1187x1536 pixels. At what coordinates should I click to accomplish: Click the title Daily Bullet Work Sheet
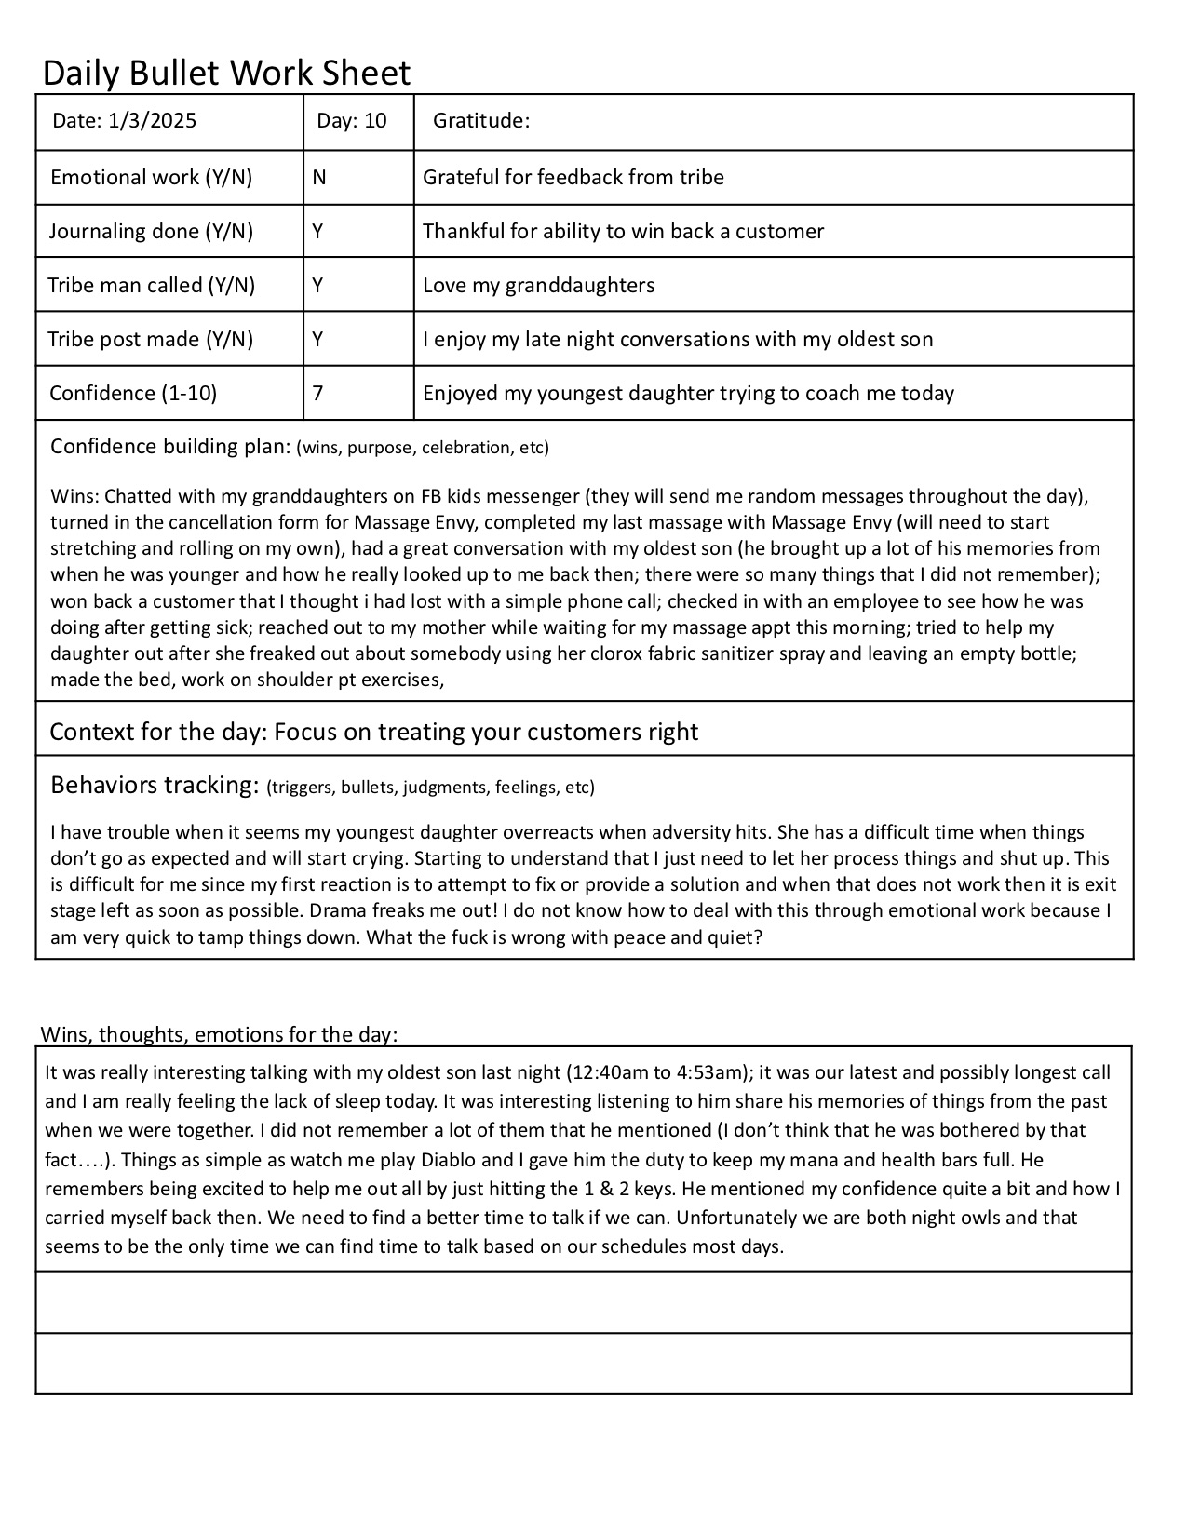click(226, 73)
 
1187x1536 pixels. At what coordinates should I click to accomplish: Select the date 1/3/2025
click(153, 121)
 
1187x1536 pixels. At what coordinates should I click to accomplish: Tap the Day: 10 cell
click(351, 121)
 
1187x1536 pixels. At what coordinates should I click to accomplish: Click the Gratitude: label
click(481, 121)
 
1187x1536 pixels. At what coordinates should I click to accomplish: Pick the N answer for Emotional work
click(319, 178)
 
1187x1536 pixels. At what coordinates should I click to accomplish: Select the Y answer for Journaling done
click(318, 232)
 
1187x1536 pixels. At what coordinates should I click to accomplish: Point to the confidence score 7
click(318, 393)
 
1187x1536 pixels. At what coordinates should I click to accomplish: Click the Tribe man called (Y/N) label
click(152, 286)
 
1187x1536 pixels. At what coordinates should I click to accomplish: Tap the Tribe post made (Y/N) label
click(151, 340)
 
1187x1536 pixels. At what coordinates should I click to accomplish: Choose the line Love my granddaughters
click(538, 286)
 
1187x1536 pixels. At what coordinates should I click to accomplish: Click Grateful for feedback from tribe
click(573, 178)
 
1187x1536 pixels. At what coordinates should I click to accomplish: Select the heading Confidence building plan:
click(170, 447)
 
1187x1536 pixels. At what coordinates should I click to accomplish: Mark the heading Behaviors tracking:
click(154, 786)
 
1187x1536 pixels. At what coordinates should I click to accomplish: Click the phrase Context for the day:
click(158, 732)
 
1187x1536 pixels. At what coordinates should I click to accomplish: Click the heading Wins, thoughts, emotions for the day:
click(220, 1034)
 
